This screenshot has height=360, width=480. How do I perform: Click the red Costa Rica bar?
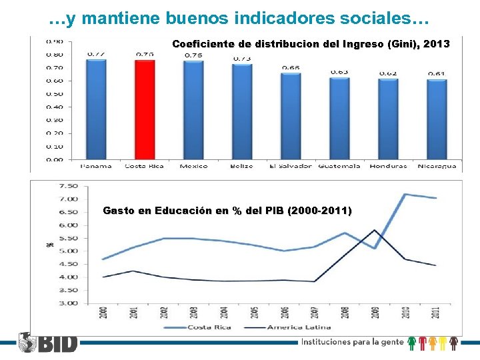[x=145, y=110]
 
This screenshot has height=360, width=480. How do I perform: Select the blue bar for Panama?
[x=96, y=110]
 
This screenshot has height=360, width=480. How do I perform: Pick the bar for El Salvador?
[x=291, y=117]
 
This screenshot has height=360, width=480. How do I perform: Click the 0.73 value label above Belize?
[x=242, y=59]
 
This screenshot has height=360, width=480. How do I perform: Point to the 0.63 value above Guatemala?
[x=339, y=72]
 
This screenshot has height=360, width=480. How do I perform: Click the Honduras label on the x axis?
[x=389, y=166]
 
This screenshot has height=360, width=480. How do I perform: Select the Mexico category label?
[x=193, y=166]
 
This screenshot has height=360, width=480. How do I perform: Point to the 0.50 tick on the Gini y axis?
[x=54, y=94]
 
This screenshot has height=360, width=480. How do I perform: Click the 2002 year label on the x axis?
[x=165, y=312]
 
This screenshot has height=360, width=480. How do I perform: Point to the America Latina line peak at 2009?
[x=375, y=230]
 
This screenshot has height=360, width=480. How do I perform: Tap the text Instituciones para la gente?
[x=351, y=343]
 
